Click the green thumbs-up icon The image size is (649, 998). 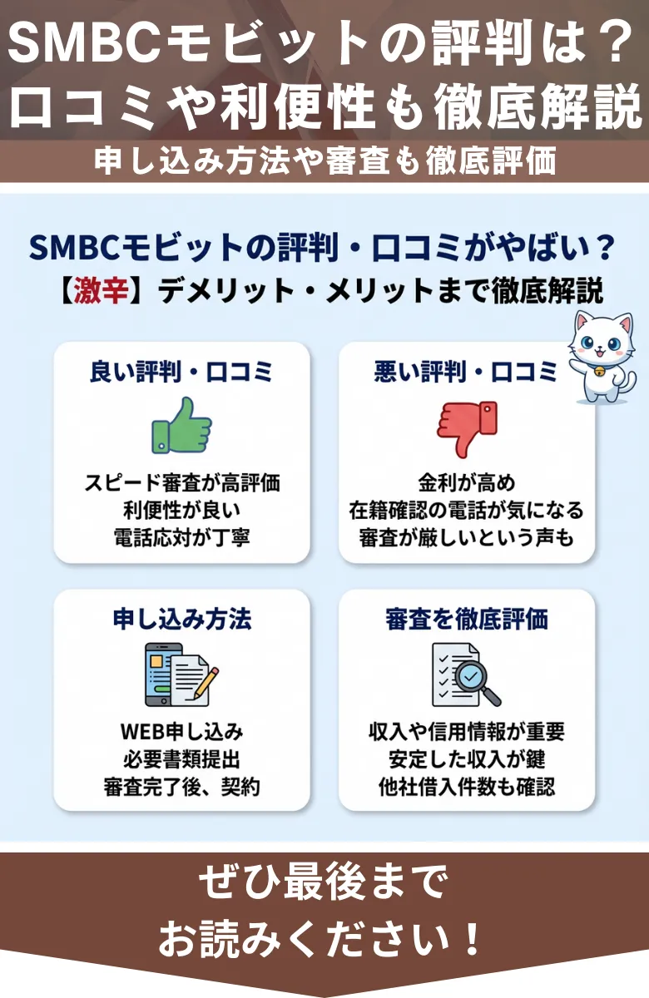pyautogui.click(x=181, y=425)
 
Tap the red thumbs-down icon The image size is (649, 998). pyautogui.click(x=466, y=427)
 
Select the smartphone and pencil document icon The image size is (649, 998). pyautogui.click(x=181, y=674)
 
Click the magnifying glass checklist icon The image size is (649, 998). pyautogui.click(x=466, y=674)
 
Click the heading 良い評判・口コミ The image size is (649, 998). pyautogui.click(x=181, y=372)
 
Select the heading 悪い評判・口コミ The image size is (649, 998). pyautogui.click(x=466, y=372)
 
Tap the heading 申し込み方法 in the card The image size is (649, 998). pyautogui.click(x=181, y=620)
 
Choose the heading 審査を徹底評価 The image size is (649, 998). pyautogui.click(x=466, y=620)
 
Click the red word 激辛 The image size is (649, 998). pyautogui.click(x=100, y=293)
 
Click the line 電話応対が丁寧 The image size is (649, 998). pyautogui.click(x=181, y=537)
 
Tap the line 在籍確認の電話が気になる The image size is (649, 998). pyautogui.click(x=466, y=510)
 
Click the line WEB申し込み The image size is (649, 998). pyautogui.click(x=181, y=732)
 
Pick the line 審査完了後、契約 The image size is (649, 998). pyautogui.click(x=181, y=786)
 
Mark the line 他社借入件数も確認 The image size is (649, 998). pyautogui.click(x=466, y=786)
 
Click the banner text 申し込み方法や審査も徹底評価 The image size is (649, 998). pyautogui.click(x=324, y=161)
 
